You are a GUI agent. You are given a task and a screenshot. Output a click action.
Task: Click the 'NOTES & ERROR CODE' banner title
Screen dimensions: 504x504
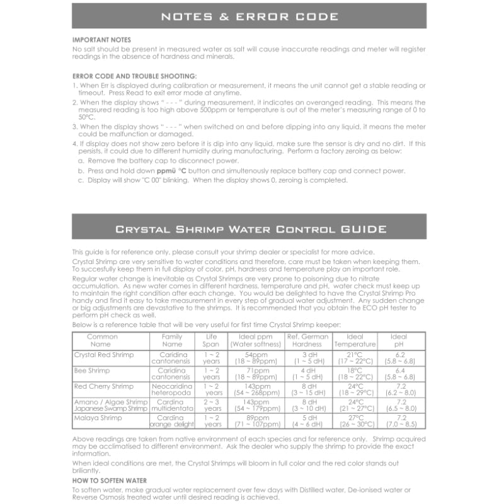point(249,16)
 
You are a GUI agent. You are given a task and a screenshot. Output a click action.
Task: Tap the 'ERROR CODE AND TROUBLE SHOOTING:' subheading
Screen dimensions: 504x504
point(135,76)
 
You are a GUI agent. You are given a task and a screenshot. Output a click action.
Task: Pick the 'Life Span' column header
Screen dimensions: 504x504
point(212,340)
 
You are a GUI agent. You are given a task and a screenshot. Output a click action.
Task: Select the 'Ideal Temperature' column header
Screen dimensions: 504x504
point(355,340)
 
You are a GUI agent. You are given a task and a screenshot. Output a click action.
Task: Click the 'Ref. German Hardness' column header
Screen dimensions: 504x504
point(307,340)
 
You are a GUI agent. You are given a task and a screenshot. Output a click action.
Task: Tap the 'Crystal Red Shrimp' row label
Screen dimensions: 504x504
point(104,355)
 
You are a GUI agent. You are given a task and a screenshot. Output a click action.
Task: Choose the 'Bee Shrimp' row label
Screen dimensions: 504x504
point(92,370)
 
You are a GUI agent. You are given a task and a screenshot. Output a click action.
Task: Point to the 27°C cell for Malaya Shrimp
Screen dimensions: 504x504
point(355,417)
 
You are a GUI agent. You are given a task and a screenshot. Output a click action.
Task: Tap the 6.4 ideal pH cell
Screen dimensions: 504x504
point(401,370)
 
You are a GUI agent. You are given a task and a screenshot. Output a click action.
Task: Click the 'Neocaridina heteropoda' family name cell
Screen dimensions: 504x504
point(172,389)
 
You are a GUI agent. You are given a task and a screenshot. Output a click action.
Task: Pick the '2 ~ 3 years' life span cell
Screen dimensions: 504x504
point(212,405)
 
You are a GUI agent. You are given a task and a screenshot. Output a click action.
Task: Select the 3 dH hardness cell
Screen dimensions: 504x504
point(307,355)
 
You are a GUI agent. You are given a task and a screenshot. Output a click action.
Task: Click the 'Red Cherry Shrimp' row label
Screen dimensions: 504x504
point(104,386)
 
